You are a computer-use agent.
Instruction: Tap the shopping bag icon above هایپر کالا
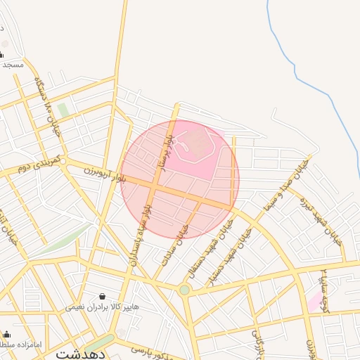point(103,296)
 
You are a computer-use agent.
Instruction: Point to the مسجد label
point(13,64)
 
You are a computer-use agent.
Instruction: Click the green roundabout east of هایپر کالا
point(184,289)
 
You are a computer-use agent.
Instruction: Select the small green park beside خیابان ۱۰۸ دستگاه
point(63,110)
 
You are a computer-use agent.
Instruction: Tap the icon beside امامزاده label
point(6,335)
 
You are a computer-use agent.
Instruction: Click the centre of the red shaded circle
point(181,179)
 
